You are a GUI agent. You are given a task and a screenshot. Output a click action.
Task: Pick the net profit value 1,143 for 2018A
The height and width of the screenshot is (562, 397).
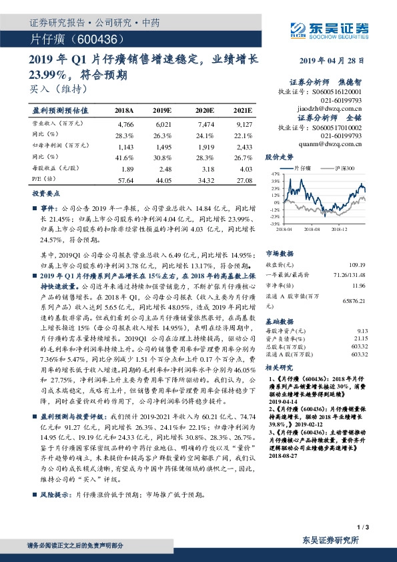click(125, 145)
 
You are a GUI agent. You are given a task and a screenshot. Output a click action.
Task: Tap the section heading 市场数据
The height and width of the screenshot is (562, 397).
click(279, 254)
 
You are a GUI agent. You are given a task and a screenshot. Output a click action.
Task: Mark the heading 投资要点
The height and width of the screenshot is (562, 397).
click(47, 193)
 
